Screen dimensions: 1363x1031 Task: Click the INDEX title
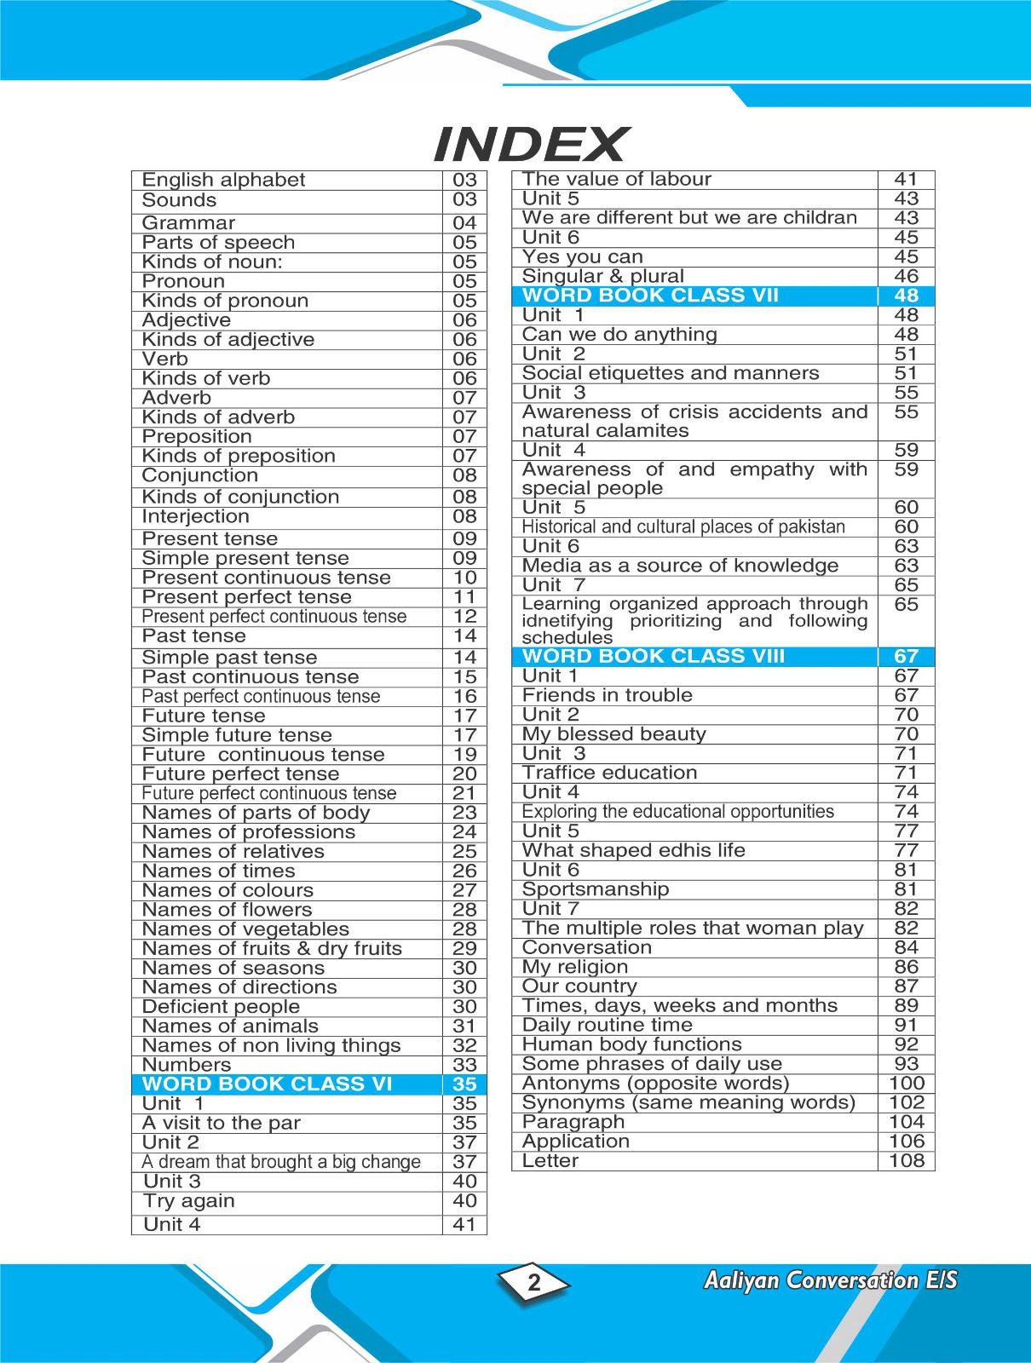click(531, 144)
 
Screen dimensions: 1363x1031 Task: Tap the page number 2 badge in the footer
click(534, 1282)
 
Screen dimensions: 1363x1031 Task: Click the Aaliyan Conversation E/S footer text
click(830, 1280)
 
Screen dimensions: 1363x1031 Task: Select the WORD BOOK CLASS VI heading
click(267, 1084)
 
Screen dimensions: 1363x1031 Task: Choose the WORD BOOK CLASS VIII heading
click(654, 656)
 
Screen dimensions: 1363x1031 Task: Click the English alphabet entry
click(223, 180)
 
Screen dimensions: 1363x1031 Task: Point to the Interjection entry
click(195, 516)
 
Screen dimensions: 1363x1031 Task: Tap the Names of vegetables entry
click(245, 929)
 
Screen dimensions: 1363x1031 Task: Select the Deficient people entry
click(221, 1006)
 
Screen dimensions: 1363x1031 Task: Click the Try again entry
click(189, 1200)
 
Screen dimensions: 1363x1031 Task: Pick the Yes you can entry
click(583, 256)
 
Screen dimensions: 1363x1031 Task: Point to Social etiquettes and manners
click(671, 373)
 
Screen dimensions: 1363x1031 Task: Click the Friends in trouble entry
click(608, 695)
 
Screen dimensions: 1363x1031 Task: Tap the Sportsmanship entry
click(596, 889)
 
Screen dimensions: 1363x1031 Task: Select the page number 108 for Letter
click(906, 1160)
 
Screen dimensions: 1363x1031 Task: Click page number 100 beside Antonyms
click(906, 1083)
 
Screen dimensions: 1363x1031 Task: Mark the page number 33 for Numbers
click(464, 1065)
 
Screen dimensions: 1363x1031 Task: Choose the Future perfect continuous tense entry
click(269, 793)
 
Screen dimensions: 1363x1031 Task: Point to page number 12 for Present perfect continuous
click(464, 616)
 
